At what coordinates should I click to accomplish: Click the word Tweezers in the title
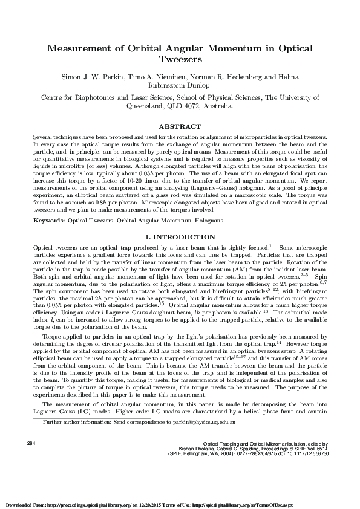[180, 60]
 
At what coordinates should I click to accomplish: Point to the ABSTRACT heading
[180, 126]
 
